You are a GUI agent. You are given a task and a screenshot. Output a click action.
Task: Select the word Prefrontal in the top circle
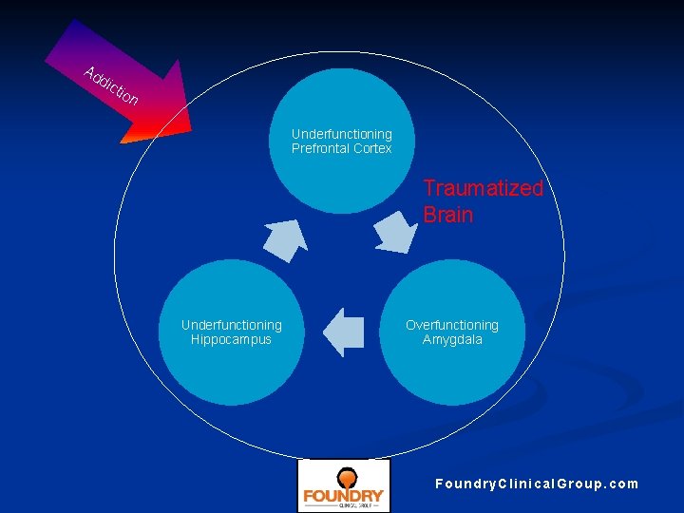coord(321,149)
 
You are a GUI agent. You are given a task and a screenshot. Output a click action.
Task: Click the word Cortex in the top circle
coord(372,149)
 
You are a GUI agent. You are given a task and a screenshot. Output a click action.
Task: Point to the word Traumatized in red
coord(483,188)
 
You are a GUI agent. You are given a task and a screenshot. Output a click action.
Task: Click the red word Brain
coord(447,215)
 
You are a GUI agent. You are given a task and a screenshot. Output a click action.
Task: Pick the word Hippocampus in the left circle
coord(231,339)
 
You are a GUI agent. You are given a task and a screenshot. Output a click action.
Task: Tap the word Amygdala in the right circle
coord(452,339)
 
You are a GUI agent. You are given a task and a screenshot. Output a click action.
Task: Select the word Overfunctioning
coord(452,325)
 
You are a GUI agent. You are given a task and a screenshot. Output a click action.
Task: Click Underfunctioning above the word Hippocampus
coord(231,325)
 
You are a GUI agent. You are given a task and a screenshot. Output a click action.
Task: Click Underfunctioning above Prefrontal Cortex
coord(341,134)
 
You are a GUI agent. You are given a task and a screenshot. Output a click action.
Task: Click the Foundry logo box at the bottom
coord(343,485)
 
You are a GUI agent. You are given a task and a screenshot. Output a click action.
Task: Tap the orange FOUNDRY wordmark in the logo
coord(343,496)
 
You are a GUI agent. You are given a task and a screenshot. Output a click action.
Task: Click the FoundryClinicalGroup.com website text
coord(537,484)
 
